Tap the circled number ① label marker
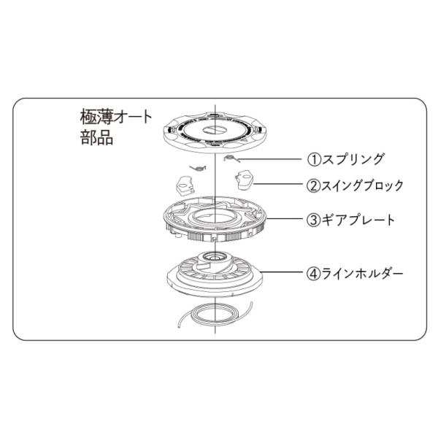[x=312, y=158]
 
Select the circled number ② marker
[x=313, y=185]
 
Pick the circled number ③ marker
[x=312, y=219]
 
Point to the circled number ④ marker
[x=312, y=274]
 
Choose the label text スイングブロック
[x=363, y=185]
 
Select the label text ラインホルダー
[x=363, y=274]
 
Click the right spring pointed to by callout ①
[x=231, y=158]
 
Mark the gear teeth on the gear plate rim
[x=219, y=237]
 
